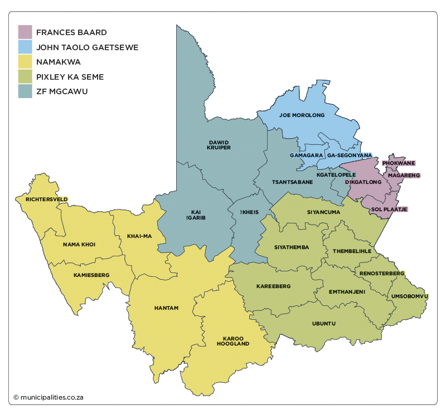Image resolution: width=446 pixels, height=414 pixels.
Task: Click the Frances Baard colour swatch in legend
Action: [25, 32]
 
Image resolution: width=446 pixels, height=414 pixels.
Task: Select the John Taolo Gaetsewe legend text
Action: [87, 47]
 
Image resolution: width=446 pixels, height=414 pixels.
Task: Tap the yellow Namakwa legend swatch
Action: [25, 62]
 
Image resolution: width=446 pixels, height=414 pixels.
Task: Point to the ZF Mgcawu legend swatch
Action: [25, 91]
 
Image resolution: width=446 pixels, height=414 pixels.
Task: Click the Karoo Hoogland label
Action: [233, 341]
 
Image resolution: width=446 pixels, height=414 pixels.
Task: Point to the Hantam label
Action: [166, 308]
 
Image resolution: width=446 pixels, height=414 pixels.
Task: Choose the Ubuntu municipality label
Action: [324, 323]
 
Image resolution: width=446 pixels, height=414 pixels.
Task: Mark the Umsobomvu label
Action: [410, 295]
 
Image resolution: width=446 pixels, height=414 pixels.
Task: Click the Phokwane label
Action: [399, 163]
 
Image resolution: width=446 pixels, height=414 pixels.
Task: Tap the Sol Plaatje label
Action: [390, 209]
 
